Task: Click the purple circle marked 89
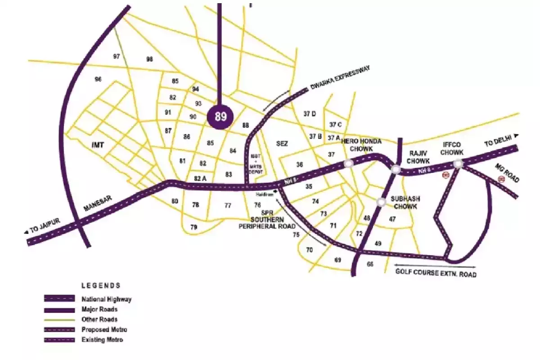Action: coord(220,117)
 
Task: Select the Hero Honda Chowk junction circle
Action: coord(348,164)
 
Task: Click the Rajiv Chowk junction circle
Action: coord(396,169)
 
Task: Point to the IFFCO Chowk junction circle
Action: coord(458,164)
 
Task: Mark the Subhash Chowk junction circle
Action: coord(381,202)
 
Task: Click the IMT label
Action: coord(98,145)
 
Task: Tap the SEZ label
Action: coord(282,144)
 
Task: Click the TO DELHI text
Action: coord(498,142)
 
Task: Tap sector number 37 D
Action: coord(310,114)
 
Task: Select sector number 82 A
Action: coord(200,179)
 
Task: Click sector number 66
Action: coord(370,265)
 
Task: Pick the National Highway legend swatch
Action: coord(59,299)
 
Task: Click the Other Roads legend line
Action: coord(59,319)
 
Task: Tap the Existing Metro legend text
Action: coord(102,340)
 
